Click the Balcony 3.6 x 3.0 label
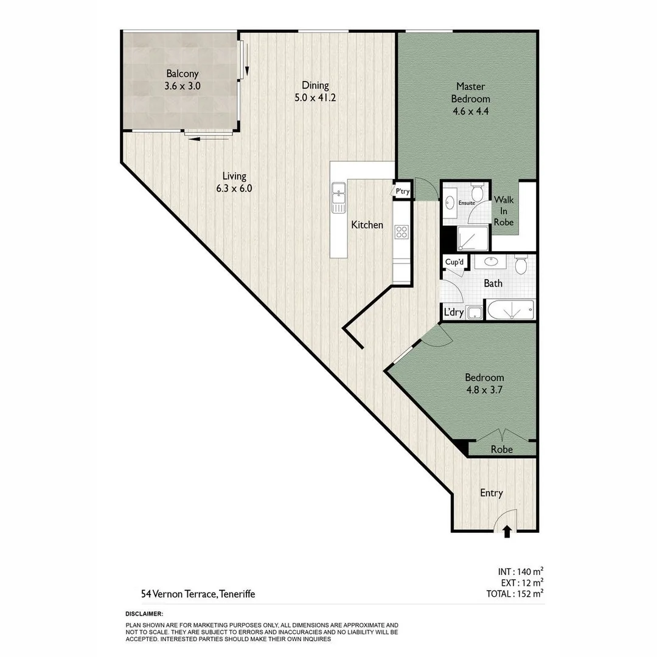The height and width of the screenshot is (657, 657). (182, 80)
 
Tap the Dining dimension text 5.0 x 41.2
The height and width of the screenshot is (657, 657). (315, 97)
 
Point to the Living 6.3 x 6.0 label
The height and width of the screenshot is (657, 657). (234, 182)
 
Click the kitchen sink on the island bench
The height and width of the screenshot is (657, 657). (338, 198)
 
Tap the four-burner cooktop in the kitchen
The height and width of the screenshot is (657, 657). (401, 232)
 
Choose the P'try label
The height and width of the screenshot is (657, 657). (402, 192)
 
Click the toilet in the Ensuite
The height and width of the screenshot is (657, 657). (478, 193)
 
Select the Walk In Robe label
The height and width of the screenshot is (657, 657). (504, 210)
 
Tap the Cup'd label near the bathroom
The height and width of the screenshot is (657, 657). (454, 262)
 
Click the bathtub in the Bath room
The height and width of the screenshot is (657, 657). (510, 310)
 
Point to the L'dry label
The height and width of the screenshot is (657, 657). (454, 313)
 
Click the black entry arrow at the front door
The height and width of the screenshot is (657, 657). (507, 532)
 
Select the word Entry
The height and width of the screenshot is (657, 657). (491, 493)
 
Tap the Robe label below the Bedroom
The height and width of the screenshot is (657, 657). (502, 450)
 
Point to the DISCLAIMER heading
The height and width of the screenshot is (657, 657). (144, 614)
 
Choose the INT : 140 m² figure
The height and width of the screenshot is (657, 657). (520, 571)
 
